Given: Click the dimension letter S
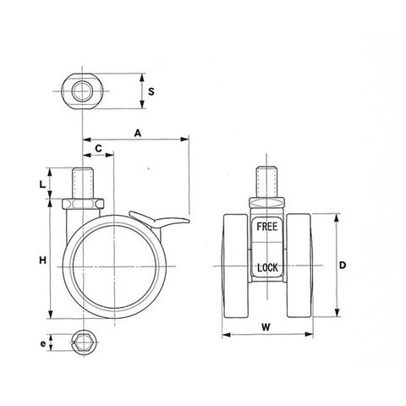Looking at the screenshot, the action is coord(151,91).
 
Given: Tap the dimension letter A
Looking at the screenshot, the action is coord(137,133).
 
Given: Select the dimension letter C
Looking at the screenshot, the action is coord(98,148).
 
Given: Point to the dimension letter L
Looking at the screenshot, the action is coord(42,184).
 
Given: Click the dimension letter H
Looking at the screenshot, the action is coord(42,261).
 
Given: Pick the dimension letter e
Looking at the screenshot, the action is coord(42,343).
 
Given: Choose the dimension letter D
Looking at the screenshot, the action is coord(343,265).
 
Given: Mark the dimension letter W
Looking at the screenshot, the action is coord(266,327).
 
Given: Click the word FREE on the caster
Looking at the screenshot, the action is coord(266,227).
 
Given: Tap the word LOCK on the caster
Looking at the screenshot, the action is coord(267,267).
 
